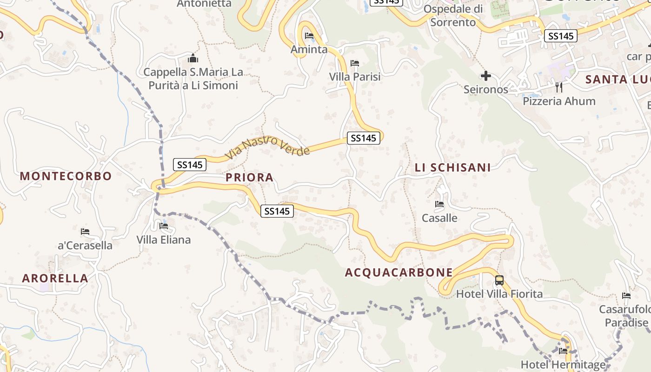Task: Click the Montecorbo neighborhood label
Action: pyautogui.click(x=66, y=176)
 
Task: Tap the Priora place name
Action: pyautogui.click(x=249, y=177)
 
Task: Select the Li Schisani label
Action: pyautogui.click(x=452, y=167)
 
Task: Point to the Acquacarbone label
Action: pyautogui.click(x=399, y=272)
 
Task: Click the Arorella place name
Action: pyautogui.click(x=55, y=279)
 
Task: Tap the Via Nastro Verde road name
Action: pyautogui.click(x=267, y=147)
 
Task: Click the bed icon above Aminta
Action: pyautogui.click(x=309, y=36)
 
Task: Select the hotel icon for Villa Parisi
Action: pyautogui.click(x=355, y=63)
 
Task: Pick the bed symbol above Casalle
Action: pyautogui.click(x=439, y=204)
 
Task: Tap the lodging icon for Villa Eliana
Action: pyautogui.click(x=164, y=226)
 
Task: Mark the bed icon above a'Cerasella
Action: pyautogui.click(x=85, y=232)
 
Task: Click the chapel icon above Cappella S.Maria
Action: pyautogui.click(x=193, y=59)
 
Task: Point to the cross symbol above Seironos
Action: pyautogui.click(x=486, y=76)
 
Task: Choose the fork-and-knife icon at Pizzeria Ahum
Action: pyautogui.click(x=559, y=87)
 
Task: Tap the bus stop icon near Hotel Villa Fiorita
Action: pyautogui.click(x=499, y=280)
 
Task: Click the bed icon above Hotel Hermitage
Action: pyautogui.click(x=563, y=351)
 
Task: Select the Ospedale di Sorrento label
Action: pyautogui.click(x=453, y=15)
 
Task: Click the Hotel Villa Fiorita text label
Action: pyautogui.click(x=499, y=294)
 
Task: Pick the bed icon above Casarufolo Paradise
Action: pyautogui.click(x=626, y=296)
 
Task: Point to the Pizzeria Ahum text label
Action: pyautogui.click(x=559, y=101)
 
